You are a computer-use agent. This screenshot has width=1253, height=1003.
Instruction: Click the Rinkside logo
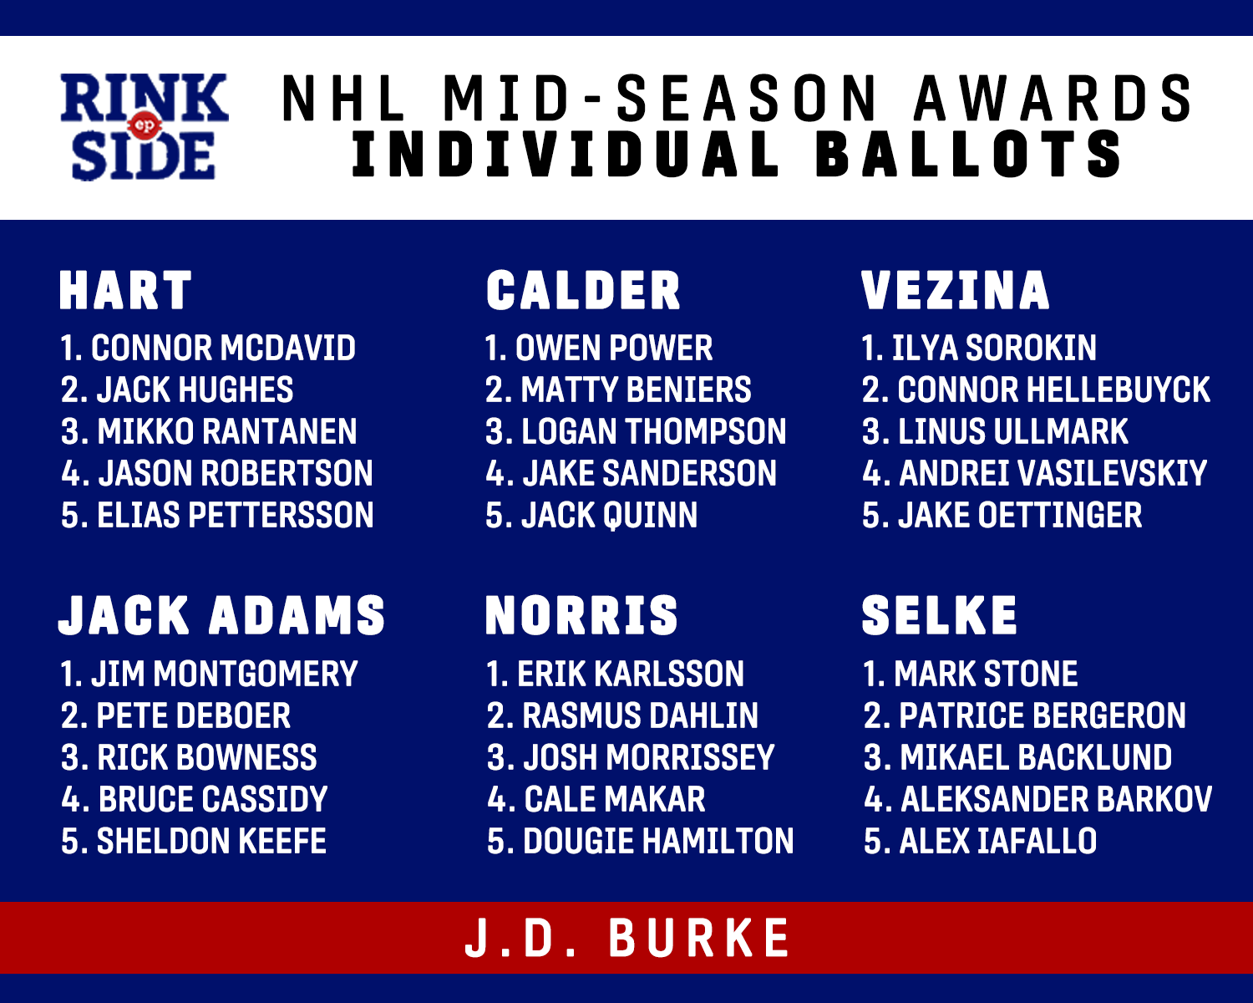point(145,126)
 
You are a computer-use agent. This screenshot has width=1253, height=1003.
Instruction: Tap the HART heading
point(125,290)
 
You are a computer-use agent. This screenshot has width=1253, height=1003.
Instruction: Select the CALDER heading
point(583,290)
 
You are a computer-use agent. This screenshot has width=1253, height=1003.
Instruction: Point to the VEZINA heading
point(956,290)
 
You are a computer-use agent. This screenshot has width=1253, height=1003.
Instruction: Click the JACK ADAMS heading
point(222,615)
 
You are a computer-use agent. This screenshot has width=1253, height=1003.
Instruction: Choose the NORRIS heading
point(581,615)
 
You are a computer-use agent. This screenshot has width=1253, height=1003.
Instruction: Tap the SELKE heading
point(939,615)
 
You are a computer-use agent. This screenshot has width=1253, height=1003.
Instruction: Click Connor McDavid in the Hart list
point(223,348)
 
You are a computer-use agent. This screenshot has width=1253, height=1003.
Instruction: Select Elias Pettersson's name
point(236,515)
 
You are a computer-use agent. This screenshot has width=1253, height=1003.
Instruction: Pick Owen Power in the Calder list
point(614,348)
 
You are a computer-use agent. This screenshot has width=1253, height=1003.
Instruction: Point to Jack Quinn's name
point(609,515)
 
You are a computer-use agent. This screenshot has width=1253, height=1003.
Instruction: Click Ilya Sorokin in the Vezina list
point(995,348)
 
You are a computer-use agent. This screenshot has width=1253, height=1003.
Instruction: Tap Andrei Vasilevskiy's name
point(1053,473)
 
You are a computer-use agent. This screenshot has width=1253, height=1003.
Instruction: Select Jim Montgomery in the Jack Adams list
point(224,674)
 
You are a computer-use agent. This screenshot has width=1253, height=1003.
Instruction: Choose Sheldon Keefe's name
point(211,841)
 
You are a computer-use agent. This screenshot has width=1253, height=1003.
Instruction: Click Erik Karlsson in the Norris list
point(631,674)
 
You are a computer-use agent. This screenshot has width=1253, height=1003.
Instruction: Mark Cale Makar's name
point(614,799)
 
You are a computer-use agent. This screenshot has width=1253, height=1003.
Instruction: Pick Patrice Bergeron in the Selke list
point(1042,715)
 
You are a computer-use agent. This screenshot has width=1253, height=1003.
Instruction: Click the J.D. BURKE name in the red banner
point(627,938)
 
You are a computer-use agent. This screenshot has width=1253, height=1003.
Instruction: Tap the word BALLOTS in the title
point(969,155)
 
